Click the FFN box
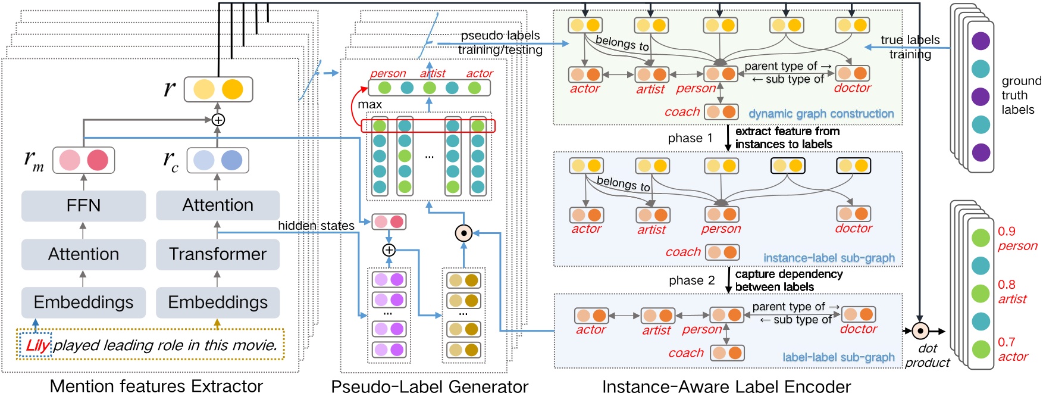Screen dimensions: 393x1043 tap(83, 205)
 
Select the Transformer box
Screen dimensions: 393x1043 tap(218, 254)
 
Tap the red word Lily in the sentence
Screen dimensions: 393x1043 tap(37, 345)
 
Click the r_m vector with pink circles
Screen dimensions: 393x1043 tap(84, 160)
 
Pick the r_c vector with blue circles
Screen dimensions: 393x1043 tap(218, 160)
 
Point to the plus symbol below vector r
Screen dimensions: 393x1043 tap(218, 120)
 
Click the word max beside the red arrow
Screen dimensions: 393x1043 tap(369, 105)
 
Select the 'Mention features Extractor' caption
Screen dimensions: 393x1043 tap(156, 386)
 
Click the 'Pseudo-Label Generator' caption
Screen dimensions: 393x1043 tap(430, 386)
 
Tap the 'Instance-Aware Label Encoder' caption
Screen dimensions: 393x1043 tap(726, 386)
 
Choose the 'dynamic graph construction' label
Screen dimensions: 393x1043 tap(821, 114)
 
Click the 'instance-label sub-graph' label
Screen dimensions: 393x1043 tap(829, 258)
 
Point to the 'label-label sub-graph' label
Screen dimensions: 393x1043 tap(838, 357)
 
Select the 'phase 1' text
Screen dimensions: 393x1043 tap(690, 138)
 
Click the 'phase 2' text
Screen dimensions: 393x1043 tap(691, 280)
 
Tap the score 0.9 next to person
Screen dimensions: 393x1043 tap(1007, 232)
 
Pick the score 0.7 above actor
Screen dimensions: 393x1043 tap(1007, 342)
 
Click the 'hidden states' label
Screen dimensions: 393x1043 tap(316, 226)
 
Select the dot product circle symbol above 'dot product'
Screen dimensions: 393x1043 tap(920, 331)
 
